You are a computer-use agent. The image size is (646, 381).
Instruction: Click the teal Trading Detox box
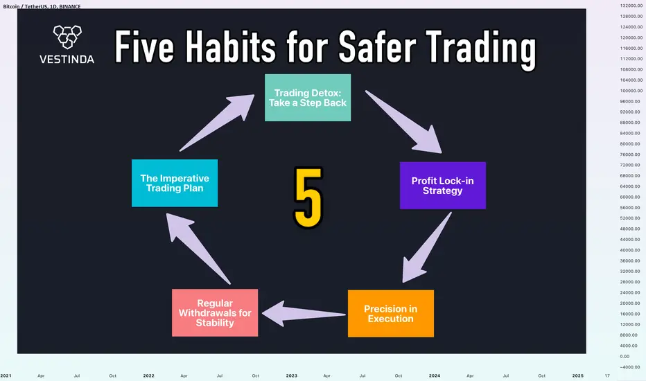(x=308, y=98)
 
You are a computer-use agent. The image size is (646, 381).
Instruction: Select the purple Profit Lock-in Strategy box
(x=442, y=186)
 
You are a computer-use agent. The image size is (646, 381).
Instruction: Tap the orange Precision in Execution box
(x=390, y=313)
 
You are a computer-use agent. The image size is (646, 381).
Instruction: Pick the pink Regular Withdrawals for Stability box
(x=215, y=312)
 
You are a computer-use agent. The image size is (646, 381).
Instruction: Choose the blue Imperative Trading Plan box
(x=175, y=183)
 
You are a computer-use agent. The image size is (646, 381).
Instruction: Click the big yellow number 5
(x=308, y=197)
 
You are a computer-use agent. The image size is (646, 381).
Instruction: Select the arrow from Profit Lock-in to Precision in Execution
(x=426, y=248)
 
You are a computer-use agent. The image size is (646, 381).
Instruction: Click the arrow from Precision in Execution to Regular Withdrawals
(x=304, y=314)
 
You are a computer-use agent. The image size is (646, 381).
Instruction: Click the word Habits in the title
(x=230, y=47)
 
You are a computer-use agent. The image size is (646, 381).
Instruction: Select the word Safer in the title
(x=377, y=47)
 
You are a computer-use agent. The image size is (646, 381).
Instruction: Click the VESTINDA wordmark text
(x=67, y=60)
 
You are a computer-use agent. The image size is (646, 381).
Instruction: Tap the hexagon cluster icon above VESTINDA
(x=67, y=37)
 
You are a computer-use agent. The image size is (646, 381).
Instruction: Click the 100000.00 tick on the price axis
(x=631, y=91)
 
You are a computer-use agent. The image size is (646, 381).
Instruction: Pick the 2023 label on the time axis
(x=291, y=375)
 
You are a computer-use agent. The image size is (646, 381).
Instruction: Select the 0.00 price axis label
(x=625, y=356)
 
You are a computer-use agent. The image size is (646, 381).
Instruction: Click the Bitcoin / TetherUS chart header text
(x=42, y=7)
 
